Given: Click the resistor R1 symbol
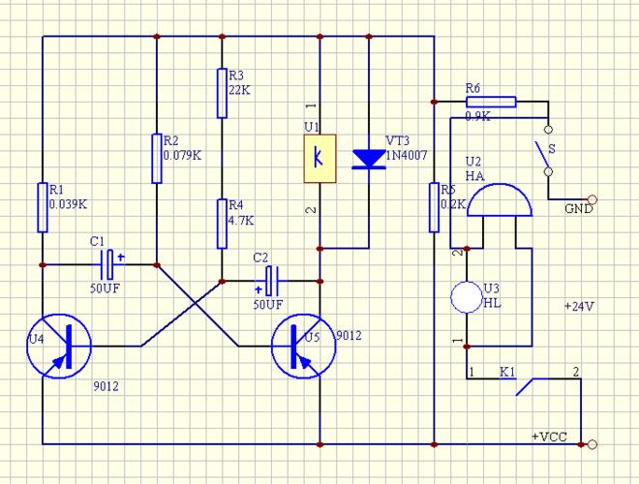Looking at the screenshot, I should pyautogui.click(x=43, y=207).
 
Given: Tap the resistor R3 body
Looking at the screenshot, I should pyautogui.click(x=222, y=93).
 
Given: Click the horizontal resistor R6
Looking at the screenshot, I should pyautogui.click(x=492, y=100).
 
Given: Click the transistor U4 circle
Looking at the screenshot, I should pyautogui.click(x=59, y=345).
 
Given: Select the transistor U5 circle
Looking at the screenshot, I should pyautogui.click(x=303, y=345).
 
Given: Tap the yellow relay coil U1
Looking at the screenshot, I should pyautogui.click(x=320, y=155).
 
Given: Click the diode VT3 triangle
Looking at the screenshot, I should pyautogui.click(x=369, y=158).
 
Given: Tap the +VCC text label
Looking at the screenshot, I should pyautogui.click(x=548, y=437).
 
